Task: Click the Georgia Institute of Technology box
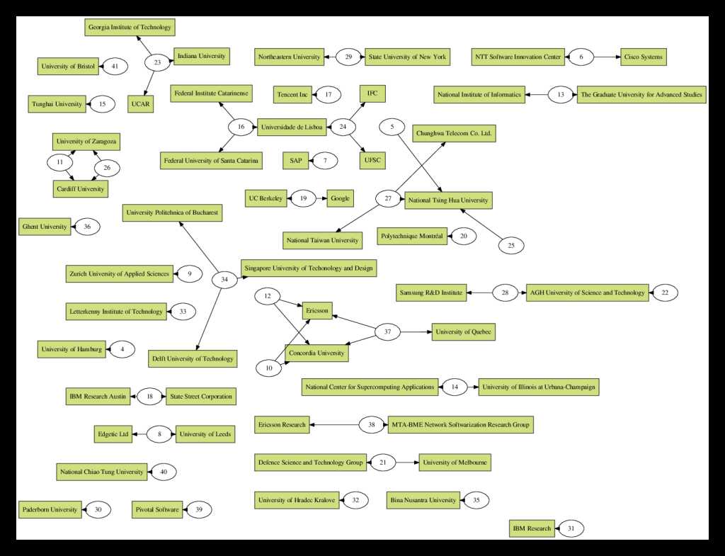[129, 28]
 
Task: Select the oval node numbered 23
[157, 62]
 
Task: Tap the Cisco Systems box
[643, 57]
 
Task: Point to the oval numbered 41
[114, 66]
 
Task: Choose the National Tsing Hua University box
[447, 200]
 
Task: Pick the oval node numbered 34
[224, 280]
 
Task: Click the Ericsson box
[317, 311]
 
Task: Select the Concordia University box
[316, 352]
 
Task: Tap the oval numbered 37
[387, 331]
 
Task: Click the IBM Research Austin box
[98, 396]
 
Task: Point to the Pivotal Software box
[156, 509]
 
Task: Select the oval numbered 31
[571, 528]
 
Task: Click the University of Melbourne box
[455, 463]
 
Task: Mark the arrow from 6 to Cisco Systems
[607, 57]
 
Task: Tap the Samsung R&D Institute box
[431, 292]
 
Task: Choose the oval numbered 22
[665, 292]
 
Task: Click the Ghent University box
[45, 227]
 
